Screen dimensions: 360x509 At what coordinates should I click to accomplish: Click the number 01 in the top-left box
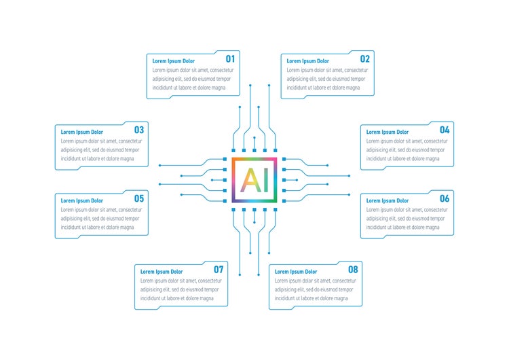tap(230, 59)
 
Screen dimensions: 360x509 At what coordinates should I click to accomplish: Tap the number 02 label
tap(364, 59)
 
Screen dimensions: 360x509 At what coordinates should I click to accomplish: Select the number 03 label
tap(138, 130)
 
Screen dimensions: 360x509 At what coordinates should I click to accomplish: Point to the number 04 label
tap(445, 130)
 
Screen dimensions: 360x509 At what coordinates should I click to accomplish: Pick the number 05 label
tap(138, 199)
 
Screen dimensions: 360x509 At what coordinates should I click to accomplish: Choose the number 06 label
tap(445, 199)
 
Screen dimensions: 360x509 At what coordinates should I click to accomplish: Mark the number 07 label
tap(219, 270)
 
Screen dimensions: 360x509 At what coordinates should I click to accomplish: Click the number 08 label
tap(353, 270)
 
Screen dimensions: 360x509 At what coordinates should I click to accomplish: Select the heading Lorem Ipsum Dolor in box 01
tap(173, 61)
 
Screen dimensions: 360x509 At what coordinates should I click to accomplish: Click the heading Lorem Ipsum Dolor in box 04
tap(388, 132)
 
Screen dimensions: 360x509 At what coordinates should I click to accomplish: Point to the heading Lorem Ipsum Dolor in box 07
tap(162, 272)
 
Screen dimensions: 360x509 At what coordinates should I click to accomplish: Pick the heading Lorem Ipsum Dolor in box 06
tap(388, 201)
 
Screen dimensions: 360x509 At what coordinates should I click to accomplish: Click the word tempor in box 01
tap(227, 79)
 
